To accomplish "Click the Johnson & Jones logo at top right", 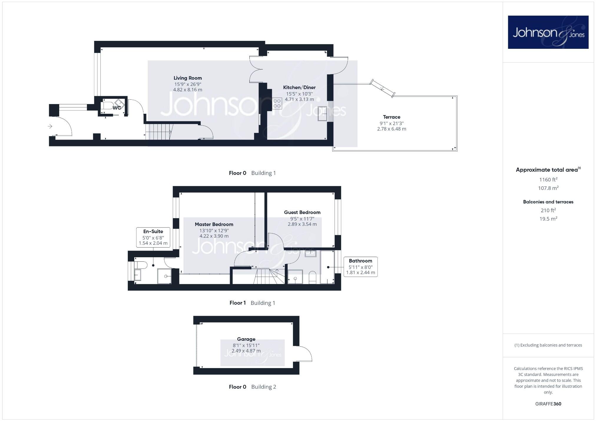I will click(x=548, y=32).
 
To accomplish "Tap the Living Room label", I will click(x=188, y=78).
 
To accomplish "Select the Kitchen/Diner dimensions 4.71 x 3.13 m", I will click(x=299, y=99).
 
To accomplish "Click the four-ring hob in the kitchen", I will click(x=277, y=103).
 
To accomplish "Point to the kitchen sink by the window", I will click(x=322, y=114).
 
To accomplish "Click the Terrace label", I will click(x=391, y=117).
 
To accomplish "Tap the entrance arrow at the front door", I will click(x=50, y=126).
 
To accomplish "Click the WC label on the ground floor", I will click(x=117, y=108).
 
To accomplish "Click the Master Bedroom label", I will click(x=214, y=224).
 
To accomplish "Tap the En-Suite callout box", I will click(x=153, y=237).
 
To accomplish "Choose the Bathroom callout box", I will click(x=360, y=267).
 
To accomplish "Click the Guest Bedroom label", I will click(x=302, y=212).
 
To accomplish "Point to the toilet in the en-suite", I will click(x=141, y=265).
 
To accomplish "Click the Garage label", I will click(x=246, y=339).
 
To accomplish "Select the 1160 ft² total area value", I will click(x=548, y=180).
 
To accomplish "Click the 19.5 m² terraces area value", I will click(x=548, y=219).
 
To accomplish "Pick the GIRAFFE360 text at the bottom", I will click(x=548, y=404).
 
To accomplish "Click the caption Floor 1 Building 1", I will click(x=252, y=303).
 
